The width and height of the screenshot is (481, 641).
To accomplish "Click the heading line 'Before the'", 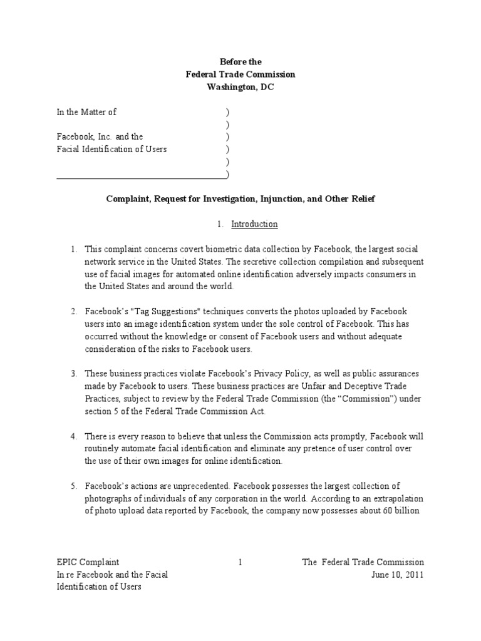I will tap(240, 62).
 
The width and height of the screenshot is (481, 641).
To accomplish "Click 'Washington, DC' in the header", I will tap(240, 87).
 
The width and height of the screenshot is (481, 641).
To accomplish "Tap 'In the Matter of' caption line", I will tap(86, 112).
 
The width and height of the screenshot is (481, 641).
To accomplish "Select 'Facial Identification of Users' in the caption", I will tap(111, 150).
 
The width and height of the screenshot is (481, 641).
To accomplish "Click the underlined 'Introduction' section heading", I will tap(254, 223).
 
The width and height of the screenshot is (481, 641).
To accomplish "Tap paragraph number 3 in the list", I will tap(73, 373).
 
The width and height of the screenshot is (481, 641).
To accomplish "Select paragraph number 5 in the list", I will tap(73, 486).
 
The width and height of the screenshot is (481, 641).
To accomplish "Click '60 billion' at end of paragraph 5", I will tap(403, 511).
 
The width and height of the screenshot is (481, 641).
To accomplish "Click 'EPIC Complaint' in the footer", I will tap(88, 562).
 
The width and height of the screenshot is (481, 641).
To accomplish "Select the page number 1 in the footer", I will tap(240, 562).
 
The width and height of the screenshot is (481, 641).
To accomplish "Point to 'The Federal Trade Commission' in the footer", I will tap(363, 562).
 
